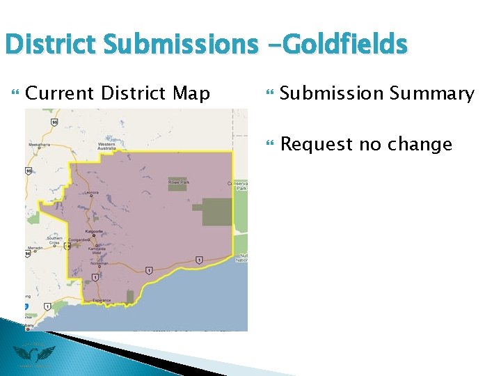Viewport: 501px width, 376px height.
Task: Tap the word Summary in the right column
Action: (x=434, y=93)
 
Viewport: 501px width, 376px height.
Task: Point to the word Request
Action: (x=316, y=144)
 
